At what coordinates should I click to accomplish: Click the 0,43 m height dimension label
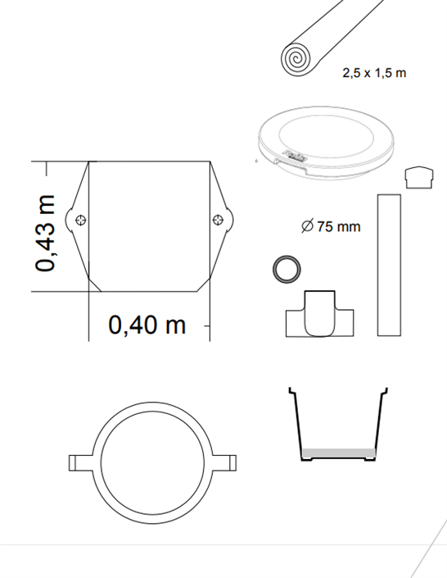pos(45,233)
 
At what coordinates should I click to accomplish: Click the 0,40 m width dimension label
pos(147,325)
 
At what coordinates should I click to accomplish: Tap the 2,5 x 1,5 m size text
pos(374,73)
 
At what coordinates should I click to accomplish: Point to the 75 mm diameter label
pos(339,226)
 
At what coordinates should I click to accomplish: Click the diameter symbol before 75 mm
pos(307,225)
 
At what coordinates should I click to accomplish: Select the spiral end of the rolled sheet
pos(296,59)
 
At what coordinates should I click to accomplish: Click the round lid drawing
pos(326,143)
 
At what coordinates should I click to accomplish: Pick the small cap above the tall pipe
pos(419,178)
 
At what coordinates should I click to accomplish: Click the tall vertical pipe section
pos(389,265)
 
